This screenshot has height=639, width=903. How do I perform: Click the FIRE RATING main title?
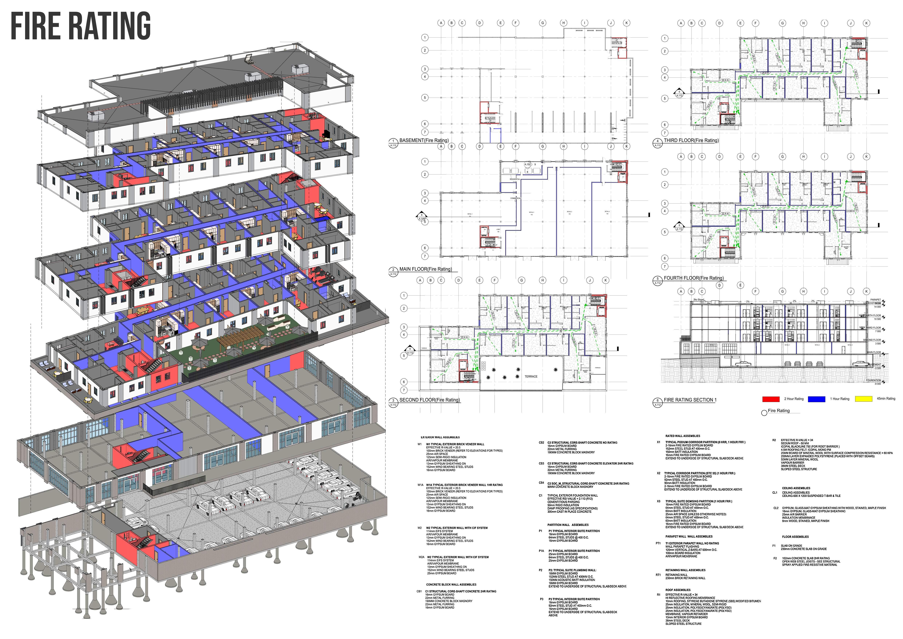(81, 26)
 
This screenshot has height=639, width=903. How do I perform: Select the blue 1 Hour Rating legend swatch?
(817, 399)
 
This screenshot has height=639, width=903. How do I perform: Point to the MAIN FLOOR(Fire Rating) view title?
(426, 269)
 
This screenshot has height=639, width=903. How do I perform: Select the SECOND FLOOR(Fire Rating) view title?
(430, 400)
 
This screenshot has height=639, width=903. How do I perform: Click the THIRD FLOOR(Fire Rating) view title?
(691, 140)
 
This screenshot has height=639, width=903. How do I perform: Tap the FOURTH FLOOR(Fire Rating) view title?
(693, 278)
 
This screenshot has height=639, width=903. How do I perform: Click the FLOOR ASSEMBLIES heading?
(795, 537)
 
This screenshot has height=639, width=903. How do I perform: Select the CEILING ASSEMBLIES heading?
(796, 488)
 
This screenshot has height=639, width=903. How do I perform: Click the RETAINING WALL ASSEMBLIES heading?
(685, 570)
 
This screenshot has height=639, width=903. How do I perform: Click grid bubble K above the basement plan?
(627, 23)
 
